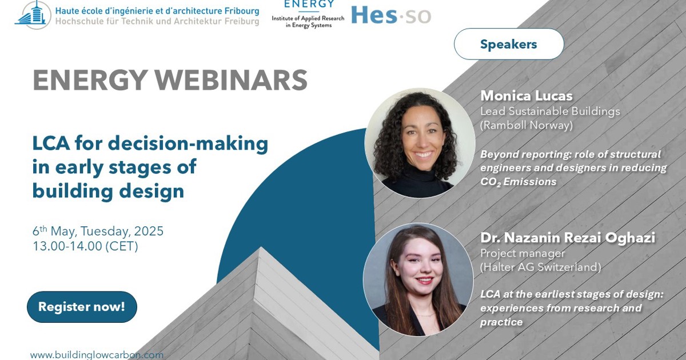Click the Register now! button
[x=82, y=307]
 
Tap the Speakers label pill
[x=509, y=44]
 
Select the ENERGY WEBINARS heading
[x=170, y=80]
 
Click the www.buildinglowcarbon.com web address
[x=97, y=355]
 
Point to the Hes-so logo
[x=391, y=15]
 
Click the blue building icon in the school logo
[x=33, y=15]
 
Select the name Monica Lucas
[x=526, y=95]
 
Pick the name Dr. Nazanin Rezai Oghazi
[x=567, y=238]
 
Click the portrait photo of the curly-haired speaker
[x=420, y=143]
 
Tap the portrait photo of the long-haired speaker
[x=418, y=279]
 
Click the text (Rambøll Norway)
[x=526, y=125]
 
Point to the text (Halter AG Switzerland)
[x=540, y=267]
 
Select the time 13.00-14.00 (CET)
[x=85, y=246]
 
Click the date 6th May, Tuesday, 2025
[x=98, y=231]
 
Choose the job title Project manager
[x=523, y=253]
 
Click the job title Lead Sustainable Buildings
[x=550, y=111]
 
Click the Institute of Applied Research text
[x=308, y=18]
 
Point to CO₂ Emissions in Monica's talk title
[x=518, y=182]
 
